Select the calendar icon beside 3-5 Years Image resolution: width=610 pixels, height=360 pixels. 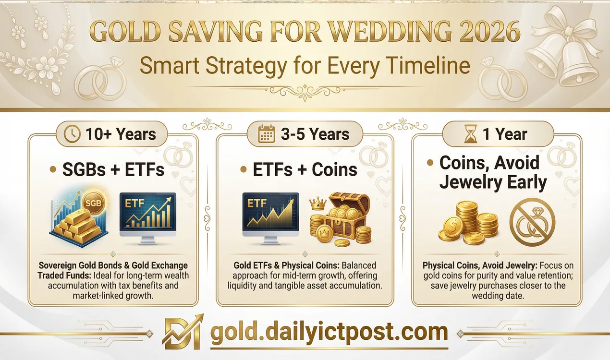pyautogui.click(x=267, y=134)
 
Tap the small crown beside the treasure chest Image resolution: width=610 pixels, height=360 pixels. pyautogui.click(x=316, y=205)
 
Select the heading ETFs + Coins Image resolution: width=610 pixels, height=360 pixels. pyautogui.click(x=305, y=169)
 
